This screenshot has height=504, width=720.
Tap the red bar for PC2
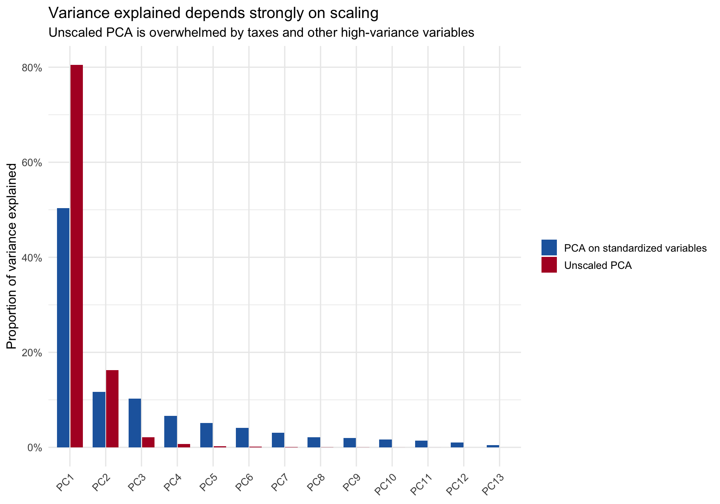click(112, 409)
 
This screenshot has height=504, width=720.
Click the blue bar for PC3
click(135, 423)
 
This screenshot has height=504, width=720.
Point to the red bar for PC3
click(148, 442)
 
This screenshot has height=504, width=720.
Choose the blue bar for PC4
click(171, 432)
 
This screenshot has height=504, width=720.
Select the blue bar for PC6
click(242, 438)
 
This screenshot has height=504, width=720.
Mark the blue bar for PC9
click(349, 442)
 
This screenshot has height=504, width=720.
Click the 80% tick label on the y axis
click(32, 68)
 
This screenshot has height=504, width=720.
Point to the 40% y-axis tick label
click(32, 258)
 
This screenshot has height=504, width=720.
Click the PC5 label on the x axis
click(208, 482)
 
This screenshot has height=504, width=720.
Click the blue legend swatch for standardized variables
click(549, 248)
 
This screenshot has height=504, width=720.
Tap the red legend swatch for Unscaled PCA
click(549, 265)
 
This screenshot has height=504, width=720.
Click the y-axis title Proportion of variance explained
click(12, 256)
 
